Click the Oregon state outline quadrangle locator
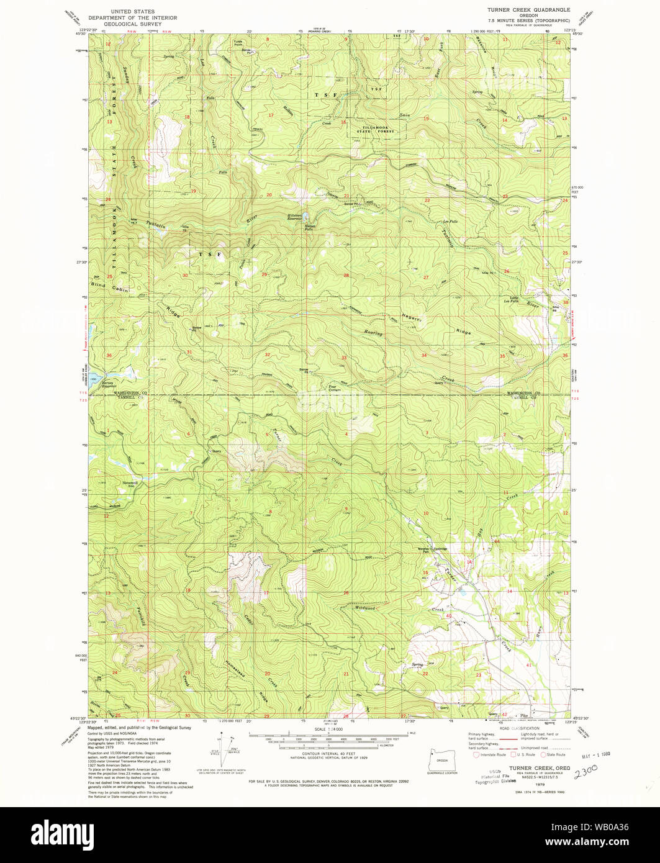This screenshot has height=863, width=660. [441, 759]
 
